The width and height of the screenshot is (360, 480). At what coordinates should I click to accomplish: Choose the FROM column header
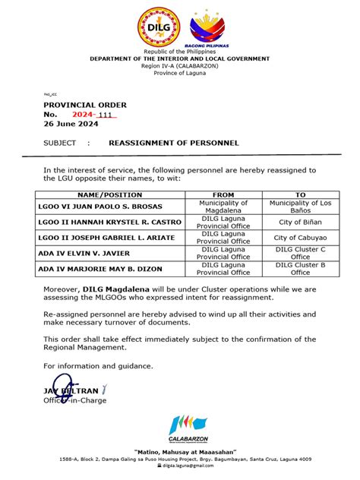tap(223, 195)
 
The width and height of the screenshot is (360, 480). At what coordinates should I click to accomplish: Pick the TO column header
tap(300, 195)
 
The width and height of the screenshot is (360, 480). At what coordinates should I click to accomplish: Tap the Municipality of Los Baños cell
tap(300, 207)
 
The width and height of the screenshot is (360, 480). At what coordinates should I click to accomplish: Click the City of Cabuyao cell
tap(300, 238)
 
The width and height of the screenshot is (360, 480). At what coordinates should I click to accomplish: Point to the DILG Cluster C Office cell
tap(300, 253)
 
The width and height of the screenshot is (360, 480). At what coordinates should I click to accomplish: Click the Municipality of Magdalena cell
tap(223, 207)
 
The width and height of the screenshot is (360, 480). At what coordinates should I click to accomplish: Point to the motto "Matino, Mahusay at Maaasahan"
tap(179, 451)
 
